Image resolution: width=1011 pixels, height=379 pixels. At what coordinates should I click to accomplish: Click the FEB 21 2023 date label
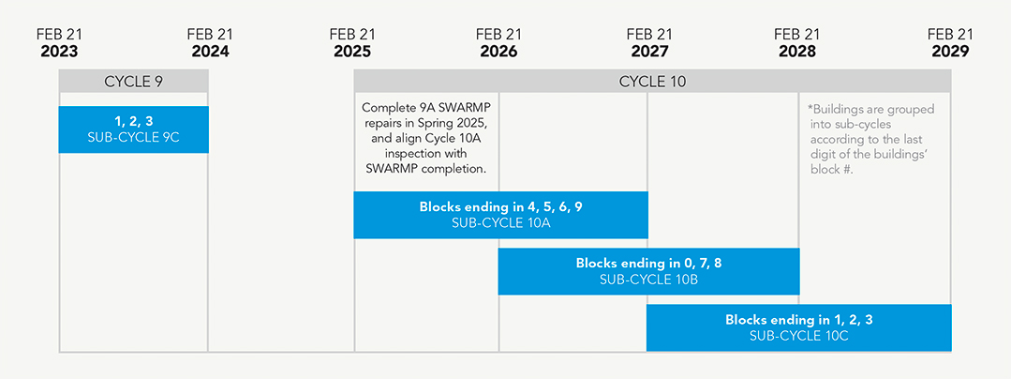pos(59,43)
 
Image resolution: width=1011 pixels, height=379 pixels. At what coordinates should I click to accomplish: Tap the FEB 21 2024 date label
pos(210,43)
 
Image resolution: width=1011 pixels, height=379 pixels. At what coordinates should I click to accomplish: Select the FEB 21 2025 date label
pos(352,43)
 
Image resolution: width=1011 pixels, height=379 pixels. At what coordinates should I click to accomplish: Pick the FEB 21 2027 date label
pos(649,43)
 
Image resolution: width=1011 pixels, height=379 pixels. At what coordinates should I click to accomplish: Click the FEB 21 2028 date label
pos(796,43)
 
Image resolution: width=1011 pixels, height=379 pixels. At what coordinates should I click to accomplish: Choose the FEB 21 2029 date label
pos(950,43)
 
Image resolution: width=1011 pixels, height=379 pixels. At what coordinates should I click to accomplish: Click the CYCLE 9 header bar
pos(133,82)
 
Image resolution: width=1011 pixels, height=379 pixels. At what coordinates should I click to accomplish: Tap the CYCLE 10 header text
pos(652,82)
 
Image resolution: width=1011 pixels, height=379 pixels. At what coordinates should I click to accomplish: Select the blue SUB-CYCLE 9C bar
pos(133,129)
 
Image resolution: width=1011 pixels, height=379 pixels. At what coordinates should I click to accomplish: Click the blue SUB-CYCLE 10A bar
pos(500,215)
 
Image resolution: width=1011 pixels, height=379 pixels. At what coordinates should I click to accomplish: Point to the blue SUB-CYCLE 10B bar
pos(648,271)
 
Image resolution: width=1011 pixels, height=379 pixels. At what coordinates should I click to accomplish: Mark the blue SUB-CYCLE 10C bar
pos(798,327)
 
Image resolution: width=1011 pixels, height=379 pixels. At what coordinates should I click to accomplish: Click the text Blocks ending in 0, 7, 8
pos(648,264)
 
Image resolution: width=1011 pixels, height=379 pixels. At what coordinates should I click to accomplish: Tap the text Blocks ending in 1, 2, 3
pos(798,320)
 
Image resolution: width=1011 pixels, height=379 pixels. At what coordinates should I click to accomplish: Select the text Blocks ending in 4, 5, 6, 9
pos(499,206)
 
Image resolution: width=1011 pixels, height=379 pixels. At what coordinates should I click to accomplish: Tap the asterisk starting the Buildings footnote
pos(810,109)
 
